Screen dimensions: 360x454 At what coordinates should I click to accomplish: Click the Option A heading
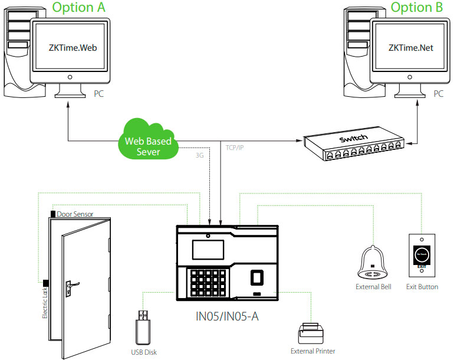[x=80, y=8]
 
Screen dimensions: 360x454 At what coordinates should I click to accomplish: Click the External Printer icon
[x=312, y=333]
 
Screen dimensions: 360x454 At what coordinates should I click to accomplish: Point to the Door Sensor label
[x=75, y=214]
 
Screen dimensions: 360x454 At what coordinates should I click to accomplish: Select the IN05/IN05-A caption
[x=227, y=317]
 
